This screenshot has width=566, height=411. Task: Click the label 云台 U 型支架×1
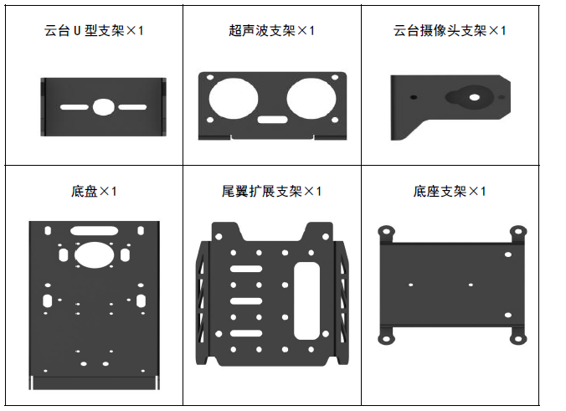94,31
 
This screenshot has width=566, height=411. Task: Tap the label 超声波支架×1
271,31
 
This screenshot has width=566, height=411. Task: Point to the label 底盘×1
94,192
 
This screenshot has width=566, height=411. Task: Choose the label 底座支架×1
449,192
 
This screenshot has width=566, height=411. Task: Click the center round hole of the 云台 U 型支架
103,107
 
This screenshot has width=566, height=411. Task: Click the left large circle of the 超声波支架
234,99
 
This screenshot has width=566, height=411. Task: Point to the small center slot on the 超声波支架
270,120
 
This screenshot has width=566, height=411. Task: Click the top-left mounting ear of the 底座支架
386,231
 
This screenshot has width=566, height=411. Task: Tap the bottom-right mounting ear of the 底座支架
519,338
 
